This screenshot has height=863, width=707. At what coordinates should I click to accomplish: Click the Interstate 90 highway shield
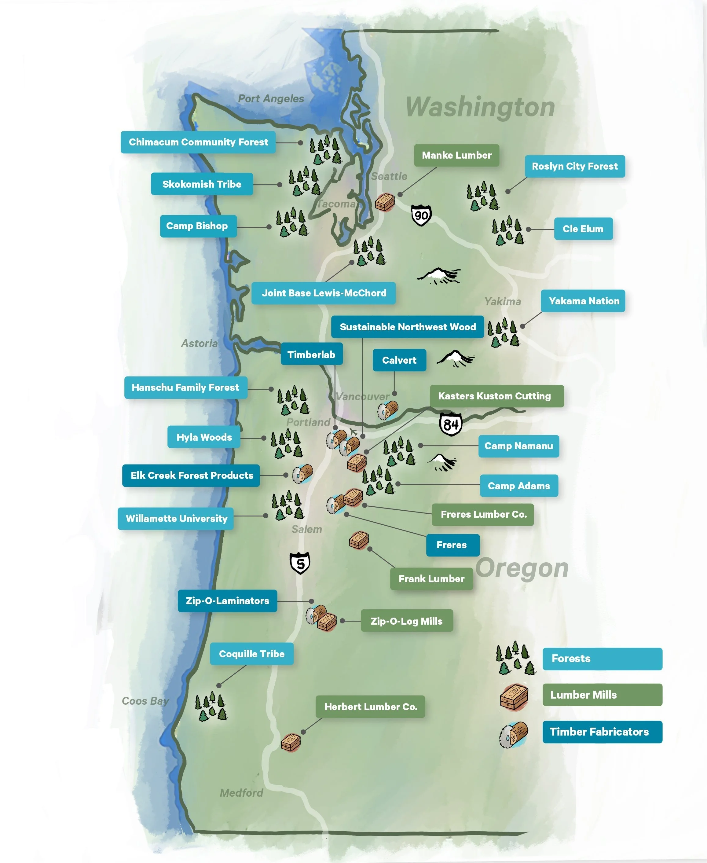coord(421,215)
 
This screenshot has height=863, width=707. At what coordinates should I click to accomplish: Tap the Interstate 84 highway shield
coord(450,424)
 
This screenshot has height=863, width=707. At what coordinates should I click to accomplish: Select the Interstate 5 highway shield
coord(300,563)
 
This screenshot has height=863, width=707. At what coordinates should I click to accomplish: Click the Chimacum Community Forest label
coord(198,142)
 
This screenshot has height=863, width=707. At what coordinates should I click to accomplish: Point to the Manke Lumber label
coord(456,155)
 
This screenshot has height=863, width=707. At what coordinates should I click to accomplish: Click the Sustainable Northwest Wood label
coord(407,327)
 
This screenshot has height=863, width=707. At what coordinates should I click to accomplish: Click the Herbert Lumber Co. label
coord(370,707)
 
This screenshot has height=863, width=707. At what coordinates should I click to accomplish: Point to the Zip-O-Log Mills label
coord(406,621)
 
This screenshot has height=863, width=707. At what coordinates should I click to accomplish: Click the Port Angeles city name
coord(271,99)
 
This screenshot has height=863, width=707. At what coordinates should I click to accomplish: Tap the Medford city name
coord(241,792)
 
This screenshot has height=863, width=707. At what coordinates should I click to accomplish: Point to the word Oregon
coord(522,568)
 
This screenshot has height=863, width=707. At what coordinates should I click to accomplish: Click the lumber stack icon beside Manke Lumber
coord(384,202)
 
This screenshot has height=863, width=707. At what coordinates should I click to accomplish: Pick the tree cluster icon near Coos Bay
coord(211,707)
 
